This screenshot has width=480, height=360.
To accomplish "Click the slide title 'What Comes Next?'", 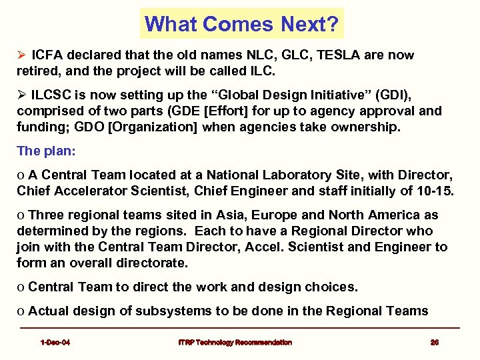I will (242, 24).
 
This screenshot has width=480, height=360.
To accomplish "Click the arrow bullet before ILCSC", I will (21, 95).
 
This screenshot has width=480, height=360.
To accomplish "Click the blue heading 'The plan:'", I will (46, 151).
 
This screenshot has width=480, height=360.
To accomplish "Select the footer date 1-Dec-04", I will (55, 343).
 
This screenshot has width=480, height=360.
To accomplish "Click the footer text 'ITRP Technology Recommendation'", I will (235, 343).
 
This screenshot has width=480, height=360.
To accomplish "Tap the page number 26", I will (434, 343).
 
